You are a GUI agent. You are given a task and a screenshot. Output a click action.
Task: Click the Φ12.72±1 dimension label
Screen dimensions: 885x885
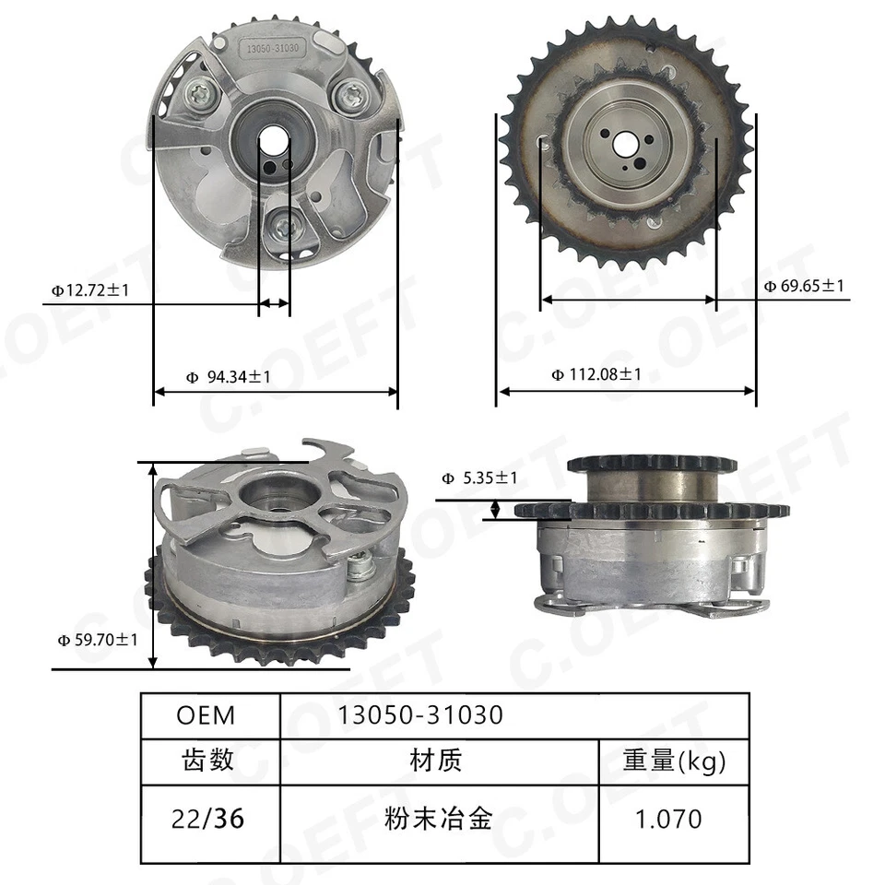tap(90, 290)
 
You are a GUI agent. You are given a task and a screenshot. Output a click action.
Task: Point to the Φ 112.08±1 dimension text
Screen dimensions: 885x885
tap(596, 374)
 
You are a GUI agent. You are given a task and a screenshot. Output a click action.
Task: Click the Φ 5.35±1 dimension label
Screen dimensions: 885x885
tap(478, 478)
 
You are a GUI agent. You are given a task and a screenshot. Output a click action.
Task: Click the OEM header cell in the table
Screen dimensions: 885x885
tap(209, 714)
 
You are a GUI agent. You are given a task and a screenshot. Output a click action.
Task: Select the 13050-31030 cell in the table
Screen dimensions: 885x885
tap(421, 714)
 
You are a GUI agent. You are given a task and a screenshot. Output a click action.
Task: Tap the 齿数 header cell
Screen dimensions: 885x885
tap(209, 761)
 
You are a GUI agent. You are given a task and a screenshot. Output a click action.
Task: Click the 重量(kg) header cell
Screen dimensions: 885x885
tap(673, 761)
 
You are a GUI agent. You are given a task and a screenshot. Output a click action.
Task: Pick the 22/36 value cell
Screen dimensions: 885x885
tap(209, 818)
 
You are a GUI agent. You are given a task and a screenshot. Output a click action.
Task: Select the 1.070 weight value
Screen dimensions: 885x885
tap(673, 818)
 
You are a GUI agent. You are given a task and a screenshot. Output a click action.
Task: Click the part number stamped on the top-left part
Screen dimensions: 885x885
tap(275, 45)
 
